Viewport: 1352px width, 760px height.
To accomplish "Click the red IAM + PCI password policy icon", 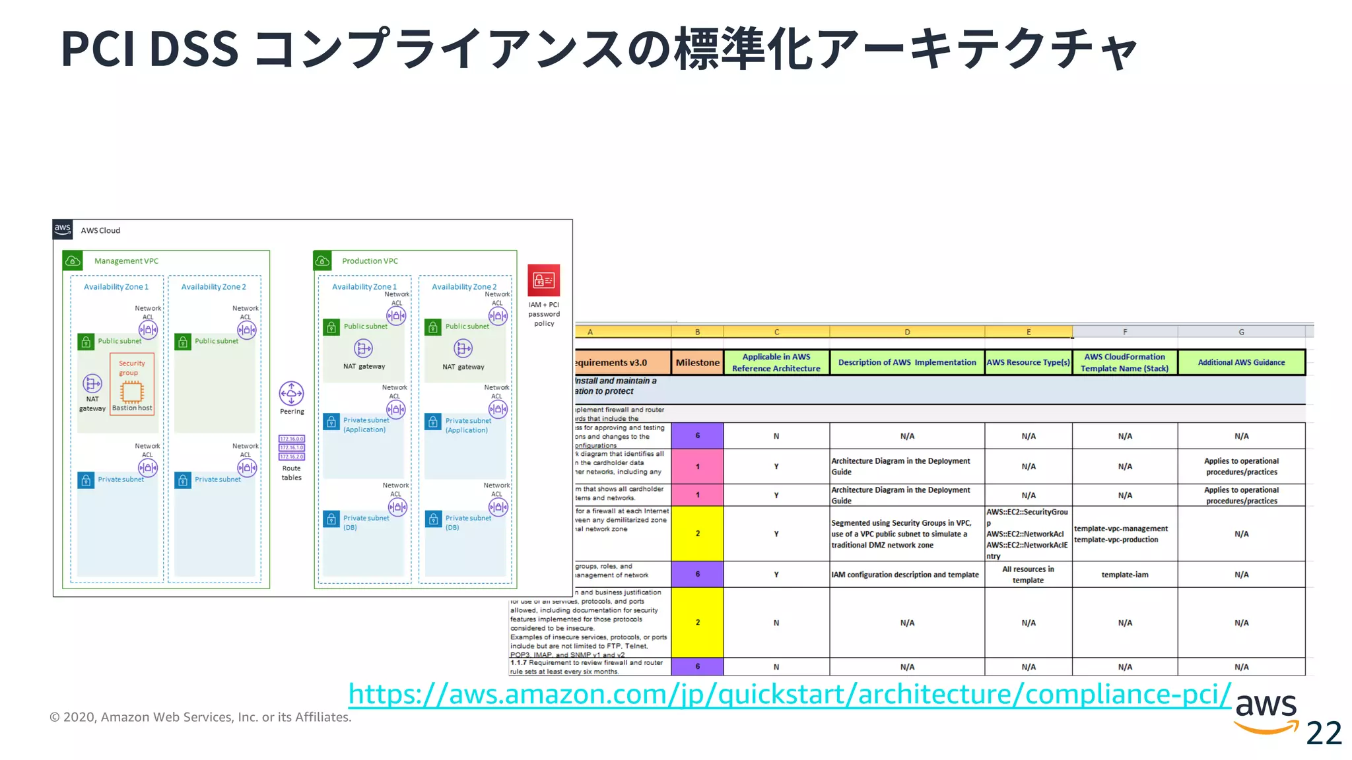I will [x=543, y=280].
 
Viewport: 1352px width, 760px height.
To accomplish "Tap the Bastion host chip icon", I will [x=131, y=393].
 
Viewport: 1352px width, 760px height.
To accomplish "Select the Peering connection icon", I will [x=291, y=394].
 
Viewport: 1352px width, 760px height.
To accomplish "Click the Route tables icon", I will [x=291, y=447].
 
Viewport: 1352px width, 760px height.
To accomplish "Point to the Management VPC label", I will [x=126, y=261].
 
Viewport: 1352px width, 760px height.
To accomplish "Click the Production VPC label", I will [x=370, y=261].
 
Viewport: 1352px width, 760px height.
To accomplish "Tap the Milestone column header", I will [x=697, y=363].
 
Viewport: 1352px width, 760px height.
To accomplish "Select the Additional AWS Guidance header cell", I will [x=1241, y=363].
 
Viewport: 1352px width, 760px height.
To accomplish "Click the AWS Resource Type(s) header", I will [x=1028, y=363].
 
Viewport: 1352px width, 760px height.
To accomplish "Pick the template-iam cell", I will [x=1124, y=575].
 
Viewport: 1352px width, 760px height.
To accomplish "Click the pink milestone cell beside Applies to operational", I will [x=697, y=466].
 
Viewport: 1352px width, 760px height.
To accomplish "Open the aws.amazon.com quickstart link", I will [x=790, y=694].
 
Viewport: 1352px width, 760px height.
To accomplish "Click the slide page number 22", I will [x=1324, y=733].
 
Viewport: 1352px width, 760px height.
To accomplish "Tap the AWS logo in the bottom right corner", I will [x=1266, y=712].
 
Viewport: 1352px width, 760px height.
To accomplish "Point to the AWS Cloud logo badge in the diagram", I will [x=63, y=230].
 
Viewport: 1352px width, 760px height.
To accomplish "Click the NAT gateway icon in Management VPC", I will [x=92, y=383].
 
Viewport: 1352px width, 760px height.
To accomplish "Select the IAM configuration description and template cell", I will [x=905, y=575].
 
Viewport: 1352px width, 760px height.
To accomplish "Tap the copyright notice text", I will [x=201, y=717].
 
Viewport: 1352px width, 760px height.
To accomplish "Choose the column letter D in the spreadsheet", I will [x=907, y=332].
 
